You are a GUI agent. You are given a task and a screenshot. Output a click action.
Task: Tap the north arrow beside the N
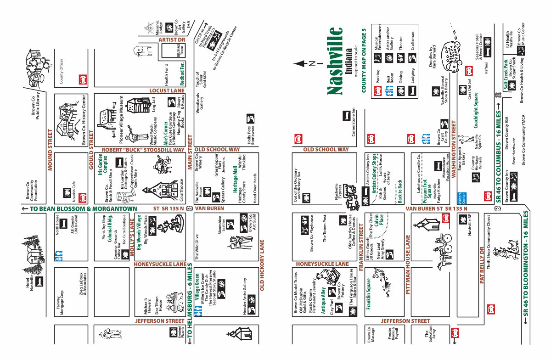click(x=302, y=63)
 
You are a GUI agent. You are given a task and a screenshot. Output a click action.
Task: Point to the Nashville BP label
click(x=470, y=225)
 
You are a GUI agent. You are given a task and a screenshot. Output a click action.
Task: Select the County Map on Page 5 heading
click(x=364, y=60)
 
